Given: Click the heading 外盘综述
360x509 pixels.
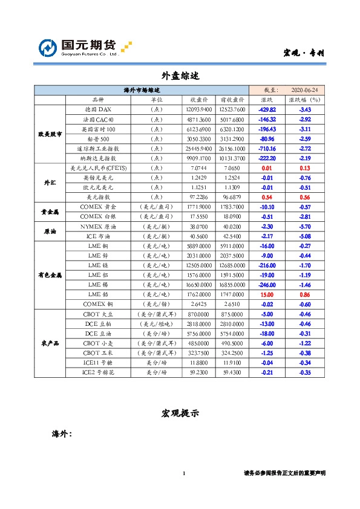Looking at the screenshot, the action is tap(180, 76).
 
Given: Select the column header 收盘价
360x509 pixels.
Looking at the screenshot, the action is tap(200, 100).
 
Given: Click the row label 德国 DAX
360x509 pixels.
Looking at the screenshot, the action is tap(97, 109).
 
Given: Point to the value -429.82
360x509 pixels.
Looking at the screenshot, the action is tap(267, 109).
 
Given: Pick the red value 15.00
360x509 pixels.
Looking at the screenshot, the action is tap(267, 294).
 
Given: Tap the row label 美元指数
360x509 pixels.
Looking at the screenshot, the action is tap(97, 197).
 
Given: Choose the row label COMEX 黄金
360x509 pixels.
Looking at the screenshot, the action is tap(97, 207).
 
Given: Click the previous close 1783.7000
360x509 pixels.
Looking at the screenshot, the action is tap(232, 207).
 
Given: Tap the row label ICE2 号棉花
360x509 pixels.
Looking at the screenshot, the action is tap(97, 373).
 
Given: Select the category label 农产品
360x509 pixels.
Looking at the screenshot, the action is tap(49, 343).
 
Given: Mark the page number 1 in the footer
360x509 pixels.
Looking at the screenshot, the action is tap(183, 473).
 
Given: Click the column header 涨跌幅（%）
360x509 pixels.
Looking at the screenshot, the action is tap(305, 100).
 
